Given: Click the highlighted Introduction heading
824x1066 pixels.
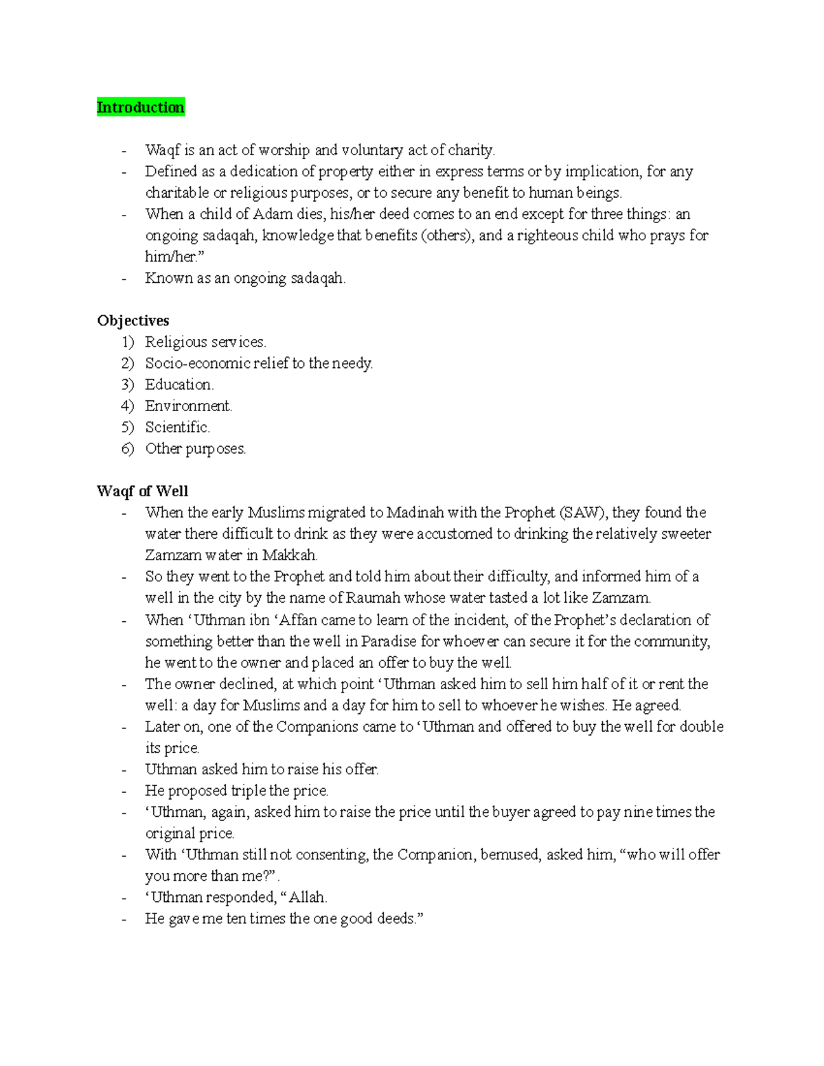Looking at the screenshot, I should (141, 107).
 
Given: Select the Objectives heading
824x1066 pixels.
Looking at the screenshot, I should (133, 321).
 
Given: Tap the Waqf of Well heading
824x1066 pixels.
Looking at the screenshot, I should (142, 491).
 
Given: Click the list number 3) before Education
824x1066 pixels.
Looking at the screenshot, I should (128, 384).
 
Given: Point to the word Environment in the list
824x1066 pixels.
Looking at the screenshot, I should (187, 406).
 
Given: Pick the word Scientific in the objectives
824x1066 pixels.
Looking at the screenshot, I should (176, 427).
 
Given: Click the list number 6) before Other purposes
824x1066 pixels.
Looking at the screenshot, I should (128, 448).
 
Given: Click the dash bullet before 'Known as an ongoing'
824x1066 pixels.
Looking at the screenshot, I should (124, 279).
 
